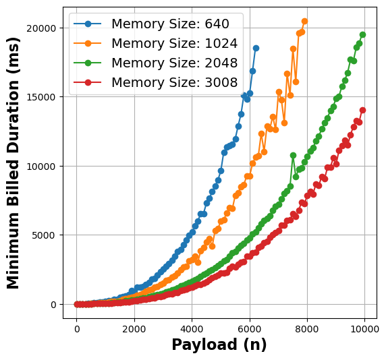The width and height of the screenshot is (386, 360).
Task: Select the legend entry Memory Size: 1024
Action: tap(174, 44)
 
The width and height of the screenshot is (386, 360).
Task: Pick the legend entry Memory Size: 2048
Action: tap(174, 63)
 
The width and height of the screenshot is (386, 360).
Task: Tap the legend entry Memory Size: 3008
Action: tap(174, 83)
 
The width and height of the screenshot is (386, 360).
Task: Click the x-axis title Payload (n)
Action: tap(219, 345)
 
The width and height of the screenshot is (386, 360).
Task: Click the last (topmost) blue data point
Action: tap(256, 48)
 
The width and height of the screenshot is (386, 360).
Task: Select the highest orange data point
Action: tap(304, 21)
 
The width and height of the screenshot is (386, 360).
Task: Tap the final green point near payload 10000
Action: tap(362, 34)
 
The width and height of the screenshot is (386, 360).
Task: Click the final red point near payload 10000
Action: tap(362, 110)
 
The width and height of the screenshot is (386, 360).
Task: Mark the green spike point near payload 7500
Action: tap(293, 155)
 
